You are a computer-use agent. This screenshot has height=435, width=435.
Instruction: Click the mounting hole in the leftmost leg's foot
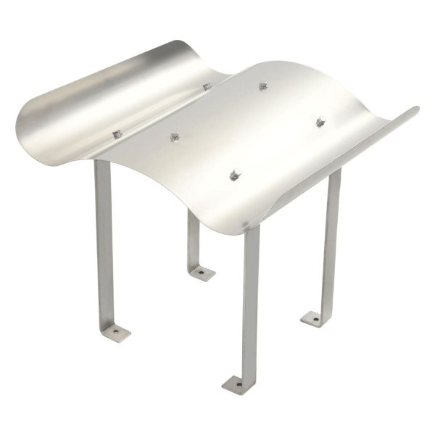tap(115, 332)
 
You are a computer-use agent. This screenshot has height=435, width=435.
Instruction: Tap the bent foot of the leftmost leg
tap(115, 332)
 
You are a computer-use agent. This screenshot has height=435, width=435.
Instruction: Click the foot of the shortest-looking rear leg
tap(201, 273)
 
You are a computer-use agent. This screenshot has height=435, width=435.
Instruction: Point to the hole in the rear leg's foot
tap(202, 273)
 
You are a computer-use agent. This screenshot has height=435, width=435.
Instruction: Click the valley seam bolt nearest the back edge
tap(207, 86)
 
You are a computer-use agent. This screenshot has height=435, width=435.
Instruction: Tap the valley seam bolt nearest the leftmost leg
tap(116, 134)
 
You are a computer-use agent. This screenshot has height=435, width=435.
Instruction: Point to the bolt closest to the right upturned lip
tap(320, 121)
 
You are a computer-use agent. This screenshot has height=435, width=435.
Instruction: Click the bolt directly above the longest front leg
tap(235, 175)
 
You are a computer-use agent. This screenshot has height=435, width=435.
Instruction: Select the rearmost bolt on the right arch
tap(263, 86)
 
